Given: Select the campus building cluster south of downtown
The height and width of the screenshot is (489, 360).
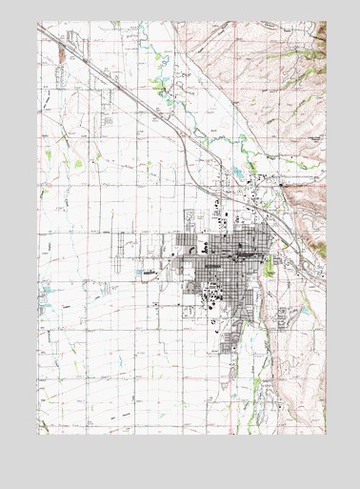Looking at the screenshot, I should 211,299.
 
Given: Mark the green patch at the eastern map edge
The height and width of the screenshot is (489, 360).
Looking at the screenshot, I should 322,250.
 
